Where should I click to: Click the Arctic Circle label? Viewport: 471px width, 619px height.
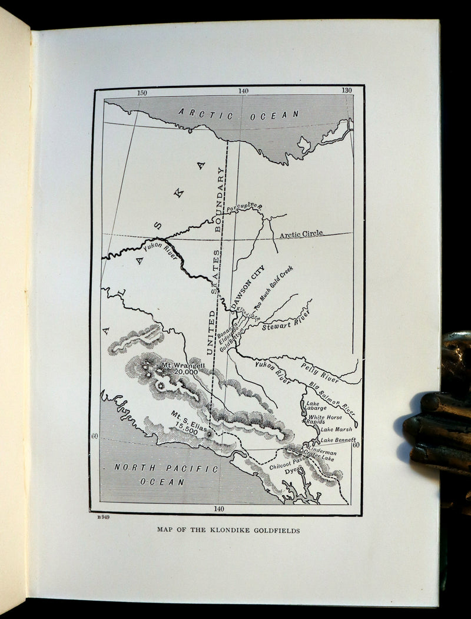pyautogui.click(x=301, y=234)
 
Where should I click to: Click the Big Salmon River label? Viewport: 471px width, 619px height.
pyautogui.click(x=333, y=398)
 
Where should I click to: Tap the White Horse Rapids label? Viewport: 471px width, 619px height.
pyautogui.click(x=324, y=419)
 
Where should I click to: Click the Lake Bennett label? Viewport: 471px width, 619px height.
pyautogui.click(x=338, y=439)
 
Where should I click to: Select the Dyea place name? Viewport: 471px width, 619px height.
pyautogui.click(x=293, y=471)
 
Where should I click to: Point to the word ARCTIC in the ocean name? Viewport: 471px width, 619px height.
pyautogui.click(x=206, y=114)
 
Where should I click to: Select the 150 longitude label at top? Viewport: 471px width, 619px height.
pyautogui.click(x=142, y=92)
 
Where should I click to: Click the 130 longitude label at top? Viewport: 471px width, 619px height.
pyautogui.click(x=346, y=91)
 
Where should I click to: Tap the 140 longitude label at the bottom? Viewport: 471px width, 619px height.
pyautogui.click(x=218, y=508)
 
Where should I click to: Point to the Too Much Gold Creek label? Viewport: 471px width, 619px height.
pyautogui.click(x=274, y=287)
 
